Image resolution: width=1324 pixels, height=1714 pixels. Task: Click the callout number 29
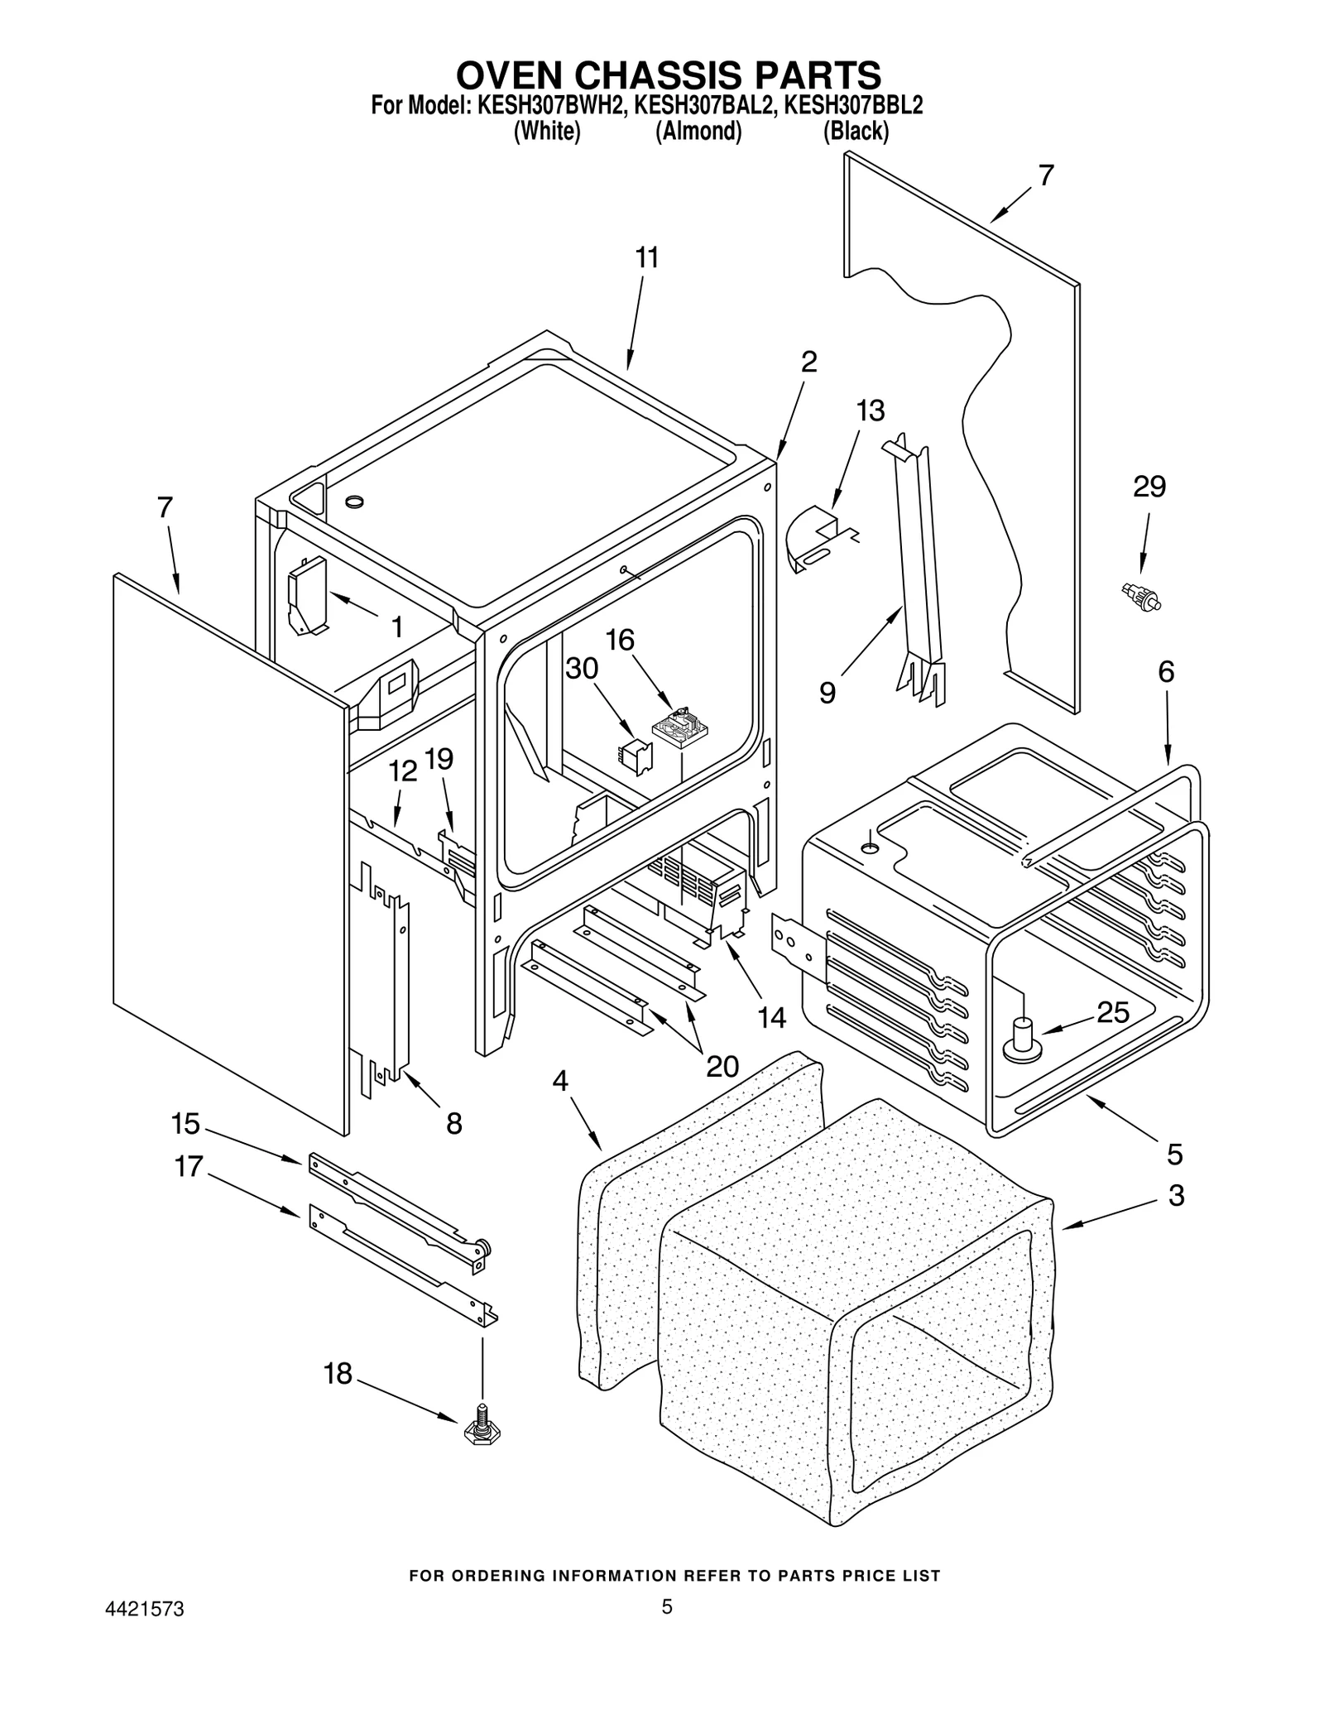click(x=1149, y=487)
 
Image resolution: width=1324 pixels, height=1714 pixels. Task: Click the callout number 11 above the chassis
click(x=647, y=258)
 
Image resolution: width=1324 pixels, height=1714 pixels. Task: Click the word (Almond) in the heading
click(x=698, y=132)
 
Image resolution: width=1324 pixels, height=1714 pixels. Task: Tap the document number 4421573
click(x=144, y=1633)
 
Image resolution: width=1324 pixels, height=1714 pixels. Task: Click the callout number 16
click(x=620, y=640)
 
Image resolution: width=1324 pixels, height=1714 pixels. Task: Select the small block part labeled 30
click(x=636, y=756)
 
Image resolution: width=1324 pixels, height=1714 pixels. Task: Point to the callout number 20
click(x=722, y=1067)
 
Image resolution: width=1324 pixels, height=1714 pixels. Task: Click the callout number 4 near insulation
click(x=560, y=1081)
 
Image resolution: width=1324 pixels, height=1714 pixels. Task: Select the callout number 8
click(x=453, y=1123)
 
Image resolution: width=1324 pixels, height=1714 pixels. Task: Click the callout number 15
click(x=185, y=1124)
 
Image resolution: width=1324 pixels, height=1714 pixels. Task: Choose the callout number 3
click(x=1176, y=1195)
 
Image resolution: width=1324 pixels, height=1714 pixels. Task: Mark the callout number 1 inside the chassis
click(x=396, y=627)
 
